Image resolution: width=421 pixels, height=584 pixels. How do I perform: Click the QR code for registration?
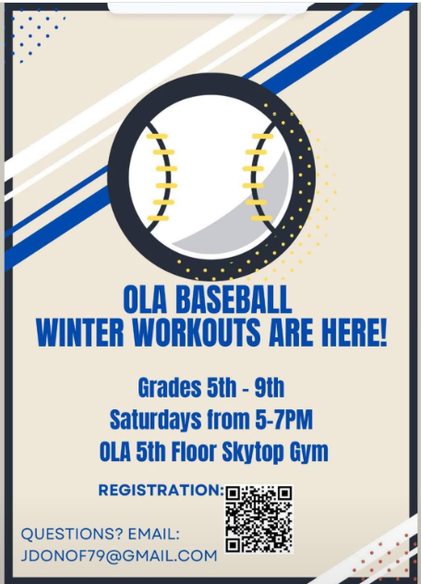pyautogui.click(x=259, y=518)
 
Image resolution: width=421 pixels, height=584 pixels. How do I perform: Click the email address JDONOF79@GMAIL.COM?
pyautogui.click(x=119, y=555)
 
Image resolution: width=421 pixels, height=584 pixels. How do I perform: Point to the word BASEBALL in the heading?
pyautogui.click(x=234, y=299)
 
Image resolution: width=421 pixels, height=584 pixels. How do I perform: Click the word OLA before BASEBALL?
pyautogui.click(x=145, y=299)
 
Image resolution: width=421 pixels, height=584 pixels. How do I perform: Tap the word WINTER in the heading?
pyautogui.click(x=80, y=332)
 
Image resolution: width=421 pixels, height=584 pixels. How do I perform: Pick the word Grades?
pyautogui.click(x=169, y=388)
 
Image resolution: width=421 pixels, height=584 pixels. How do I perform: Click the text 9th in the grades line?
pyautogui.click(x=270, y=388)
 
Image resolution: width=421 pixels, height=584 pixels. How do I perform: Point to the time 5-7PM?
pyautogui.click(x=284, y=420)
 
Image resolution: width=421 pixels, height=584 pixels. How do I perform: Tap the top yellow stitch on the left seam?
pyautogui.click(x=157, y=137)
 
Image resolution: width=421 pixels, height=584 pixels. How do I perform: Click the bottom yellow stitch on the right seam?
pyautogui.click(x=261, y=218)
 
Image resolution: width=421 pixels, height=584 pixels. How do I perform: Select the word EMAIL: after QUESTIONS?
pyautogui.click(x=154, y=534)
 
